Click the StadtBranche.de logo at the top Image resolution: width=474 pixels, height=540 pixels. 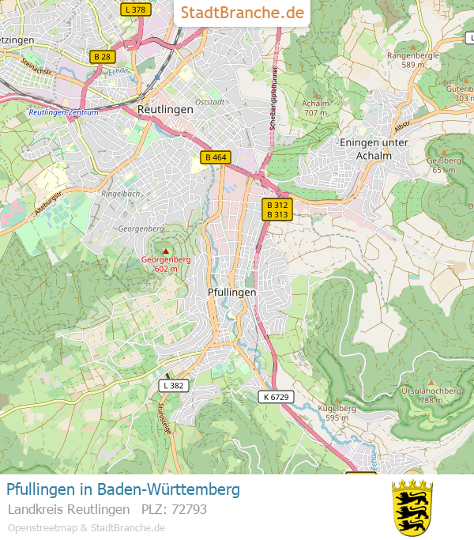click(x=242, y=13)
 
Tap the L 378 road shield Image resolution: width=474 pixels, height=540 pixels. click(x=136, y=9)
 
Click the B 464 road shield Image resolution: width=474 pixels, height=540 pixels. click(x=215, y=157)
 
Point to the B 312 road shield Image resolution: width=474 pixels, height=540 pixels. click(x=277, y=204)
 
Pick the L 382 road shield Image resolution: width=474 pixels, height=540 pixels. click(x=173, y=386)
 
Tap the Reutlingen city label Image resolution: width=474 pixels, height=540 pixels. click(x=165, y=110)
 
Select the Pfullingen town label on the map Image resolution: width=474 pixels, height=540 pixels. click(x=231, y=292)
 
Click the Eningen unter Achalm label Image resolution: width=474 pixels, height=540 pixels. click(x=374, y=149)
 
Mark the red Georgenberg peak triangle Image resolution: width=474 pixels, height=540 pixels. click(x=166, y=251)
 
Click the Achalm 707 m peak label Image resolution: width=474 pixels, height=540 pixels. click(x=315, y=108)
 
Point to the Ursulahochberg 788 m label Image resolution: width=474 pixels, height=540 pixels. click(x=431, y=395)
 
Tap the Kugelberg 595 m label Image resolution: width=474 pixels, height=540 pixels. click(x=337, y=413)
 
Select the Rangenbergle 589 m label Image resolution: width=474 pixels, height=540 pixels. click(x=412, y=59)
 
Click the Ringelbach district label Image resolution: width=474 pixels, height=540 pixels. click(x=121, y=193)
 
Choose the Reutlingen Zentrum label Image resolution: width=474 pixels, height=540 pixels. click(x=63, y=112)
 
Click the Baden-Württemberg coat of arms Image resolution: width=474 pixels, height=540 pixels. click(x=412, y=507)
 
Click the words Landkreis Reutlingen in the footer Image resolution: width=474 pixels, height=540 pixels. click(x=69, y=509)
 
